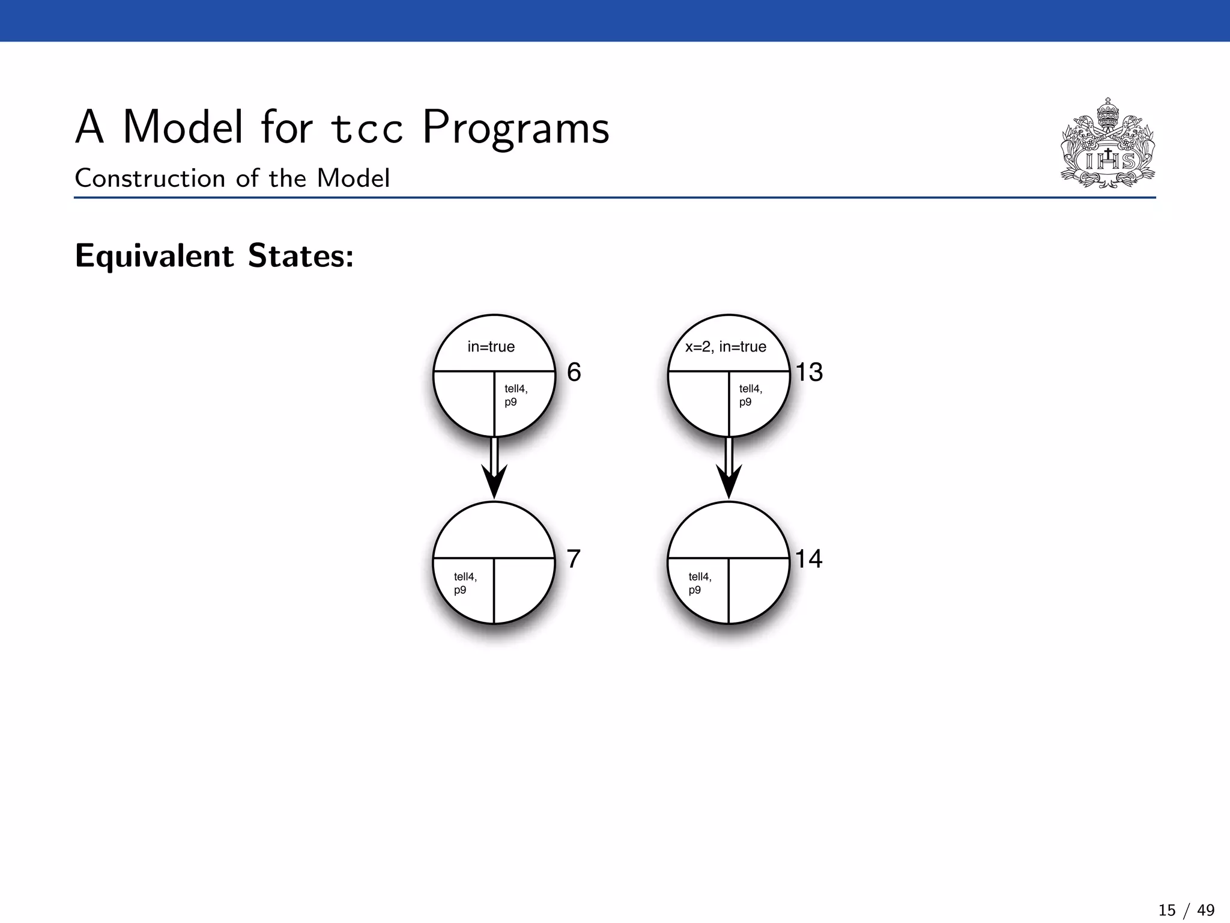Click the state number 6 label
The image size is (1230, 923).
click(x=574, y=372)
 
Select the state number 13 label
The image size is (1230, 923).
click(x=809, y=372)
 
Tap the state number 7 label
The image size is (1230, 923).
click(x=574, y=559)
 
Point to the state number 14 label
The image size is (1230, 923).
click(x=808, y=559)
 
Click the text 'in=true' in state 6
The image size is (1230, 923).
click(x=491, y=347)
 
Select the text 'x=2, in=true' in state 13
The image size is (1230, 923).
click(x=726, y=347)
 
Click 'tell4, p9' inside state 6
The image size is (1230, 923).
click(x=515, y=395)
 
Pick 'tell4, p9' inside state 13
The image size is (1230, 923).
click(x=750, y=395)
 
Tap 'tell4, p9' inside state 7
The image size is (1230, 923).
click(x=465, y=583)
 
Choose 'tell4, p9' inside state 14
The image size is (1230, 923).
click(x=700, y=583)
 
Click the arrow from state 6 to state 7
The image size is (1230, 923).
click(x=494, y=469)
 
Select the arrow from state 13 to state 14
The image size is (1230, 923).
click(x=729, y=469)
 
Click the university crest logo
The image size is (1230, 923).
click(x=1107, y=144)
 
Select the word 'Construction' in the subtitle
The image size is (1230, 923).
click(x=150, y=178)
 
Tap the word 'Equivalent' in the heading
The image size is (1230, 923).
click(x=154, y=256)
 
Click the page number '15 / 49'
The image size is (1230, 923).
click(x=1186, y=910)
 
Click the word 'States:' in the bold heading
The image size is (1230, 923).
click(x=301, y=256)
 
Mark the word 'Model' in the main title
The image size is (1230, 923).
click(x=183, y=128)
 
